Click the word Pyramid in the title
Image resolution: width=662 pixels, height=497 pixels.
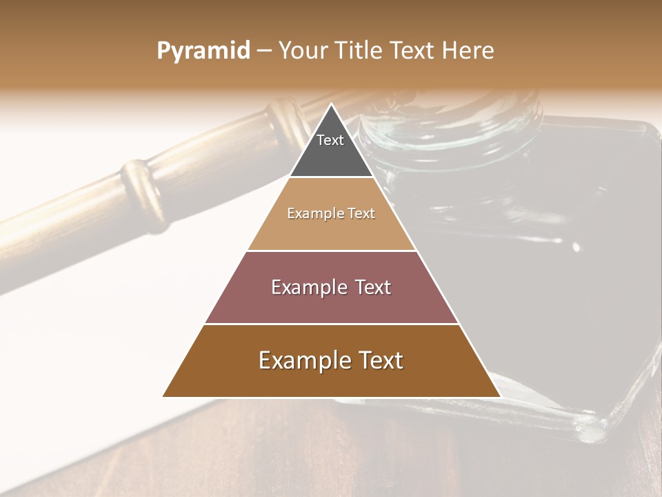click(203, 51)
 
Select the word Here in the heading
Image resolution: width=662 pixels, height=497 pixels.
click(468, 51)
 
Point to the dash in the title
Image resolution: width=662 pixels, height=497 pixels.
click(264, 52)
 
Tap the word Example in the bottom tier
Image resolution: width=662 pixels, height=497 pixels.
click(301, 360)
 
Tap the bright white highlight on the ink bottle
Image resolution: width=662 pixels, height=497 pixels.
click(576, 246)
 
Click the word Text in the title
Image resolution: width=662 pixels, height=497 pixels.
click(415, 51)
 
